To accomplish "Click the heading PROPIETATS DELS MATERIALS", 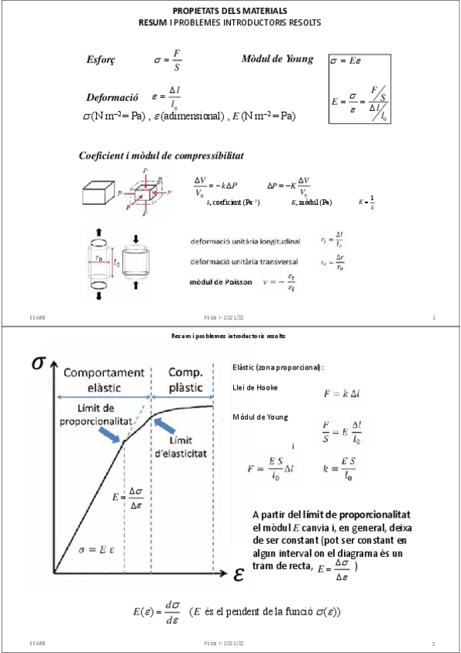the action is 230,11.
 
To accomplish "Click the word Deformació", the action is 112,98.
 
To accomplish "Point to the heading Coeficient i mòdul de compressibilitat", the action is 162,156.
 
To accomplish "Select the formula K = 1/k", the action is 367,203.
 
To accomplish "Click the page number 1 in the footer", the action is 435,317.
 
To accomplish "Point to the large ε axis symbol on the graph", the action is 239,574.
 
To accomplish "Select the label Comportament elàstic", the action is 101,380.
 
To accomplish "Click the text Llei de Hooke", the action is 255,387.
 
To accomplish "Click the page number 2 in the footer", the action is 433,643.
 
